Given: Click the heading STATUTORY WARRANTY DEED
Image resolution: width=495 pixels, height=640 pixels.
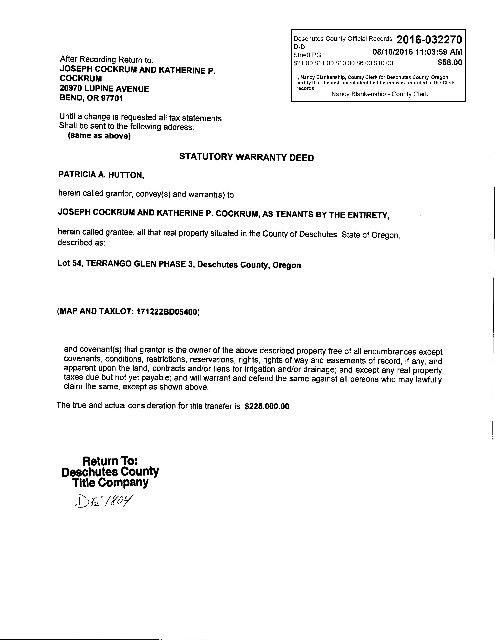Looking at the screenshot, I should point(246,157).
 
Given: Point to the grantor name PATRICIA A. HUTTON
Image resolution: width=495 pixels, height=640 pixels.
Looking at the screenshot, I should point(101,175).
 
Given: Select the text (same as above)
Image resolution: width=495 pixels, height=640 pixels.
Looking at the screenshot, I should point(99,136).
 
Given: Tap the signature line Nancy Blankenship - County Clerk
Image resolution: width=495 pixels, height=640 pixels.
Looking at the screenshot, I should point(379,94).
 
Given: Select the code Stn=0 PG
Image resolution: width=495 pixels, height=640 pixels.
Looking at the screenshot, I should point(307,55).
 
